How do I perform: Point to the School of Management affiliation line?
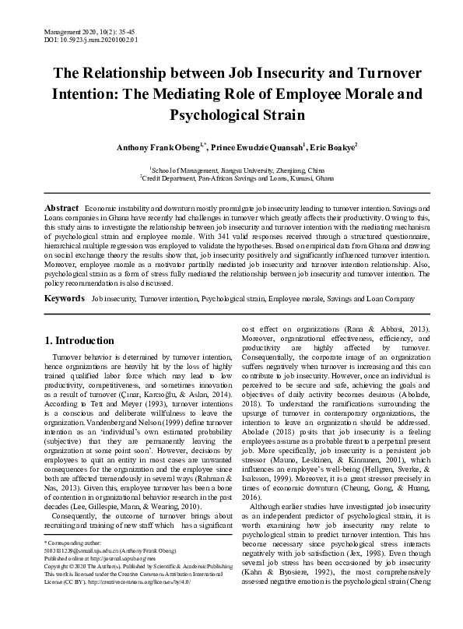tap(231, 168)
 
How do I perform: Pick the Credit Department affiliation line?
tap(231, 177)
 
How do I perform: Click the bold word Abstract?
tap(61, 210)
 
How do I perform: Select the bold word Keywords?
tap(64, 298)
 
